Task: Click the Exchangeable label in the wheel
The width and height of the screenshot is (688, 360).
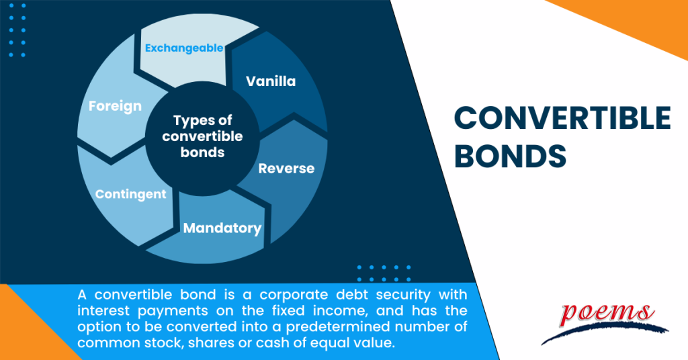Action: click(184, 48)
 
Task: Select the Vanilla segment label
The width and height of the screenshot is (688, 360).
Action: click(271, 81)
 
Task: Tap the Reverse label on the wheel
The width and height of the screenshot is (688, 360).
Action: click(286, 168)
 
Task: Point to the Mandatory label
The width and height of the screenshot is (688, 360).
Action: click(222, 228)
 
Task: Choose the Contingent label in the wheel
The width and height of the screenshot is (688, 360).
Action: click(130, 194)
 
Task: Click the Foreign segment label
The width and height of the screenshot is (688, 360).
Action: click(115, 105)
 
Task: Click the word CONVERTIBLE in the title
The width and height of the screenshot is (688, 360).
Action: click(562, 119)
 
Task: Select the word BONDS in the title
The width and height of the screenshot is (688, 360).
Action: click(510, 156)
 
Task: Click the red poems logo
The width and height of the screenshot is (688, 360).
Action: click(607, 313)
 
